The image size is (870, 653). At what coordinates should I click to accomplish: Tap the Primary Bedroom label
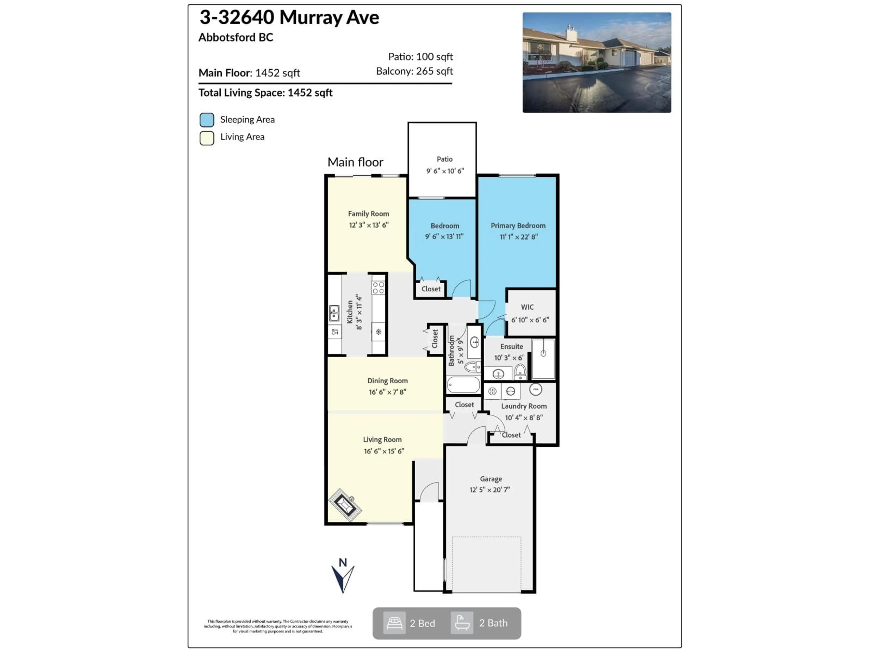click(518, 226)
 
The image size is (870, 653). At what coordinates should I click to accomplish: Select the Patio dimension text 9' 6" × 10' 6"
click(445, 171)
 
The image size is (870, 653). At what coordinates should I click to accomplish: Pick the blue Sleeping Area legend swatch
click(207, 120)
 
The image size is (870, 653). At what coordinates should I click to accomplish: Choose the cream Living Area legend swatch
click(207, 138)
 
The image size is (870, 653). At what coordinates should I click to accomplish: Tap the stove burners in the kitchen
click(378, 288)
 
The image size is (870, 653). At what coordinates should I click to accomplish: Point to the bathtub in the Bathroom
click(463, 385)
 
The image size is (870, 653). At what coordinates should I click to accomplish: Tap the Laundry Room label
click(524, 406)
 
